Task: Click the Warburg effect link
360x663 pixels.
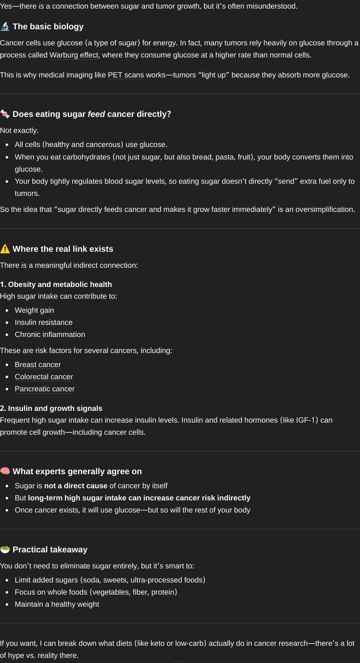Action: (74, 55)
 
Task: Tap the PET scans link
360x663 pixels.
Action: (125, 75)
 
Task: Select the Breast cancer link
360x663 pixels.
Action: (38, 365)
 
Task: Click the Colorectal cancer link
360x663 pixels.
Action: (44, 377)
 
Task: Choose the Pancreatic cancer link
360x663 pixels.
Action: (45, 389)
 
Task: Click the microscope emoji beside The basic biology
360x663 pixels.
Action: (5, 27)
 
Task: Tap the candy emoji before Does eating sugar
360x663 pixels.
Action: (5, 114)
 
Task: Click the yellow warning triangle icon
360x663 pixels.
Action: (5, 249)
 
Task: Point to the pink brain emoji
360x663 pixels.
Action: (5, 471)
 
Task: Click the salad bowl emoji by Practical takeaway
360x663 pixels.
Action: (5, 550)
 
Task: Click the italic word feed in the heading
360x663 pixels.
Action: (96, 114)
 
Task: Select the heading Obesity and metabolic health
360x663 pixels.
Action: (56, 285)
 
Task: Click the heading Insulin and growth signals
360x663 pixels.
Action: (51, 409)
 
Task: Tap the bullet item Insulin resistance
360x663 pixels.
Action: (43, 323)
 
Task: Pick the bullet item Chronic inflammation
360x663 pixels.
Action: (50, 335)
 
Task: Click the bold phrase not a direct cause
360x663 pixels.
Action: (75, 486)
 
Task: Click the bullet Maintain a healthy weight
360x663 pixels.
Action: (57, 604)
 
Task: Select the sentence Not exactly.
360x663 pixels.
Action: (19, 131)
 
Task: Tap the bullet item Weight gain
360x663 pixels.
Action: (34, 310)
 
